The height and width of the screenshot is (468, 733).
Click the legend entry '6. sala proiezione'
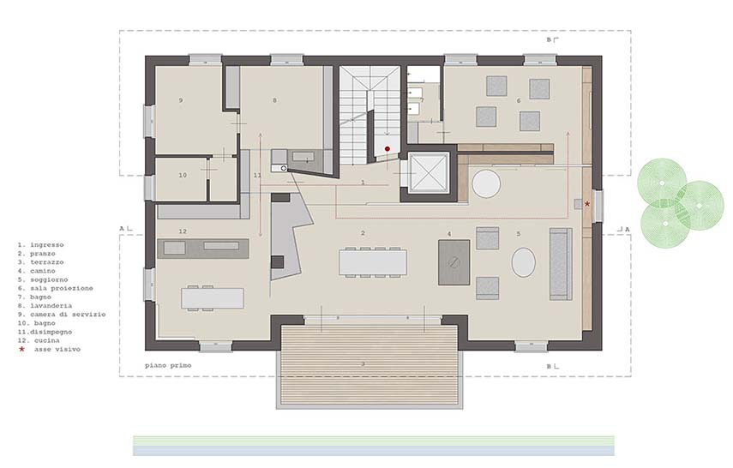point(55,288)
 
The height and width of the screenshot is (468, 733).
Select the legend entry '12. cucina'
point(39,340)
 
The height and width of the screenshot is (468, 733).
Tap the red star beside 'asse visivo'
point(21,349)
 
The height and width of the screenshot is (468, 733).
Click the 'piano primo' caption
point(168,365)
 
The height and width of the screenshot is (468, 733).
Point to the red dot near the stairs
point(387,149)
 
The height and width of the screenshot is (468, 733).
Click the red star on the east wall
point(587,204)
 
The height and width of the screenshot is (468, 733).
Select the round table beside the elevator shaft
point(486,183)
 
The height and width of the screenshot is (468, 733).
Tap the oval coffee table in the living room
point(523,262)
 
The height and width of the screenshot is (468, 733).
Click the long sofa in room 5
point(561,264)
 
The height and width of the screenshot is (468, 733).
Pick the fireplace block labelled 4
point(454,262)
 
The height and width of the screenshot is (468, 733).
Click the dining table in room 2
point(373,262)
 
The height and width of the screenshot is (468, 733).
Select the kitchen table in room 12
point(213,298)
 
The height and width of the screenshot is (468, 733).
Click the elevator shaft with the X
point(428,173)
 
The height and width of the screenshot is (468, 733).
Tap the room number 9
point(181,100)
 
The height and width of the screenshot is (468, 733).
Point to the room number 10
point(183,175)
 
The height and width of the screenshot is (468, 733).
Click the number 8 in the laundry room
point(275,100)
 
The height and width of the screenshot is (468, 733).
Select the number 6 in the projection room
point(519,100)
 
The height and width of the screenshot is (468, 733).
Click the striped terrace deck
point(369,364)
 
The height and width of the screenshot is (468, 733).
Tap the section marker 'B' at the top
point(549,39)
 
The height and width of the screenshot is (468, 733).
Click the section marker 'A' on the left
point(122,229)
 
